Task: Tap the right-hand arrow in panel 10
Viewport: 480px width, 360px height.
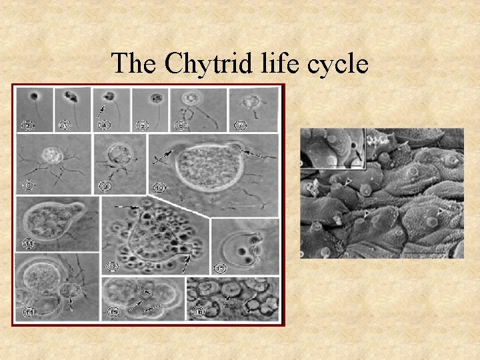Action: [x=257, y=155]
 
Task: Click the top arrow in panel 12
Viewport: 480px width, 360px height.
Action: [x=127, y=208]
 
